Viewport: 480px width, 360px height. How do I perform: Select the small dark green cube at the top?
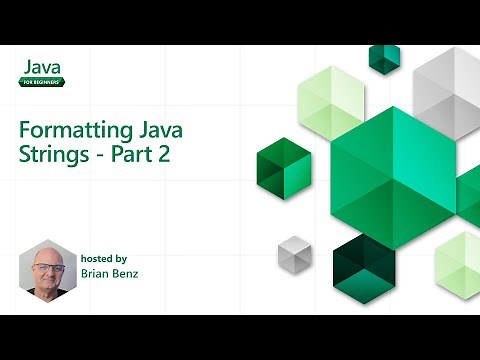pyautogui.click(x=385, y=58)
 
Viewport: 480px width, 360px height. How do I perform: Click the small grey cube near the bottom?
pyautogui.click(x=294, y=252)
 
